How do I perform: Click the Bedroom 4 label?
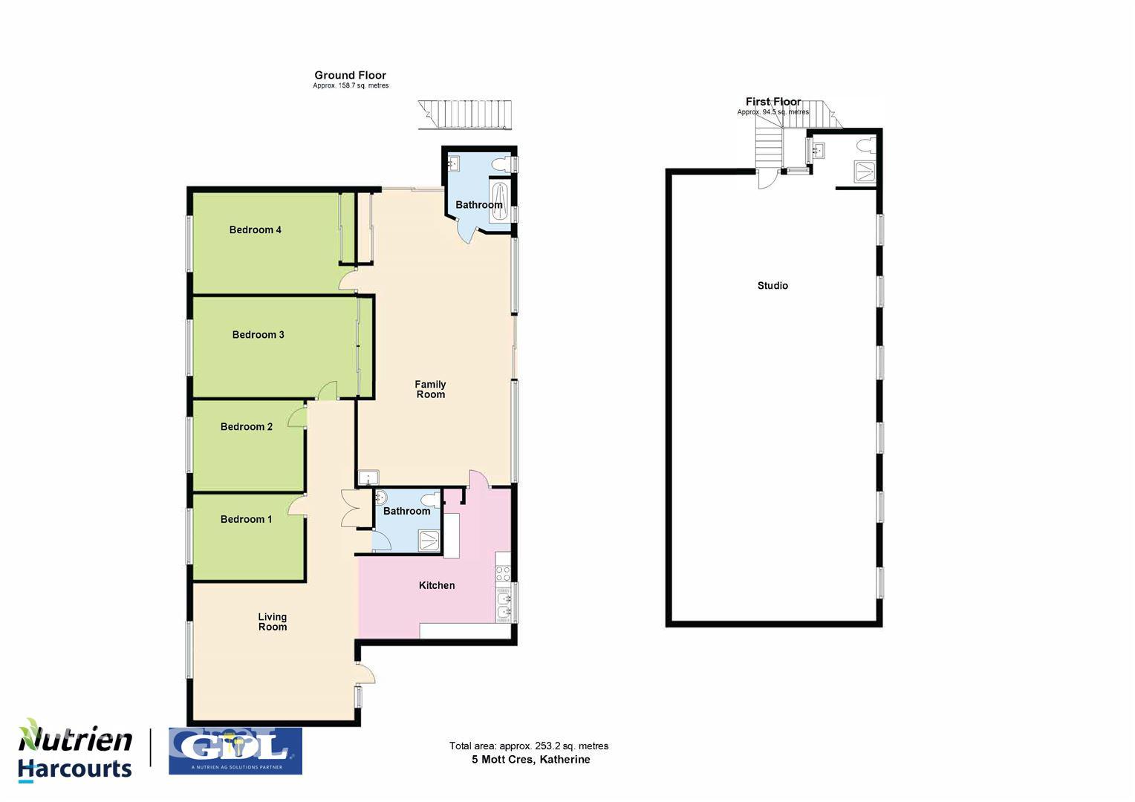click(255, 230)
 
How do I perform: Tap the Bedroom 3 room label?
click(258, 335)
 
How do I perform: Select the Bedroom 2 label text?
click(246, 427)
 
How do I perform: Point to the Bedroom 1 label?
click(246, 520)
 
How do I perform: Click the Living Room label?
click(272, 622)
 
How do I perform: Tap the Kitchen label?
click(436, 586)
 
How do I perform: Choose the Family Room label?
click(430, 390)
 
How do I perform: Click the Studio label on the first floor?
click(773, 286)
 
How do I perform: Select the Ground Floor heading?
click(350, 75)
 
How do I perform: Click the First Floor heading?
click(773, 102)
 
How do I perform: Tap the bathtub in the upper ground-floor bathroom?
click(500, 201)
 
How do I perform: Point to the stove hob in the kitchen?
click(503, 573)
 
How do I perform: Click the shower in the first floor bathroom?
click(864, 172)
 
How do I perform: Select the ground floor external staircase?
click(465, 114)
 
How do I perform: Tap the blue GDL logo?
click(235, 751)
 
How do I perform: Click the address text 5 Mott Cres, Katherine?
click(531, 760)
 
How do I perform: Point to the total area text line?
click(528, 746)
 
